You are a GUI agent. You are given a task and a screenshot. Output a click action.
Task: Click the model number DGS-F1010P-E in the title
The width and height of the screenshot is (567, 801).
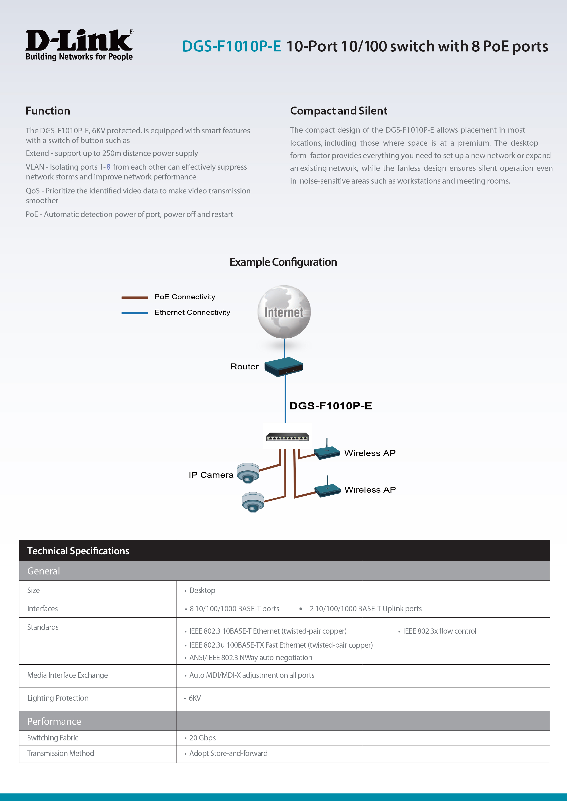pos(231,46)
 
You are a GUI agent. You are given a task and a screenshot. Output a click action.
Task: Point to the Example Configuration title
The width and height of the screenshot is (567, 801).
pos(283,262)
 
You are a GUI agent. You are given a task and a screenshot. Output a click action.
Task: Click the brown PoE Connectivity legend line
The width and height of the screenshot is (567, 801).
pos(135,297)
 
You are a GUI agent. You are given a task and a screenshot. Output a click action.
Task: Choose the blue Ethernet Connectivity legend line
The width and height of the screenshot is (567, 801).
pos(135,313)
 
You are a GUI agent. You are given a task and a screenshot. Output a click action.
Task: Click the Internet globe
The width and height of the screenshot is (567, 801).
pos(284,312)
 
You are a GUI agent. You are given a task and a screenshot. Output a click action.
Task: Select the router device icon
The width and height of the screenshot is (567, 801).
pos(283,366)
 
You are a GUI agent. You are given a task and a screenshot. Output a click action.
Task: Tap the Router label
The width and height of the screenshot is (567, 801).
pos(244,366)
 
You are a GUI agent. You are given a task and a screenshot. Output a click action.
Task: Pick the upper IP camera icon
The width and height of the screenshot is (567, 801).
pos(248,473)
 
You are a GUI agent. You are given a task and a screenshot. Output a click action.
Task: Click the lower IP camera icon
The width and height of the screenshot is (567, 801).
pos(253,502)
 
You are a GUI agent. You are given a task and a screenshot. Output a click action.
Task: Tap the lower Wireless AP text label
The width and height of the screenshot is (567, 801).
pos(370,490)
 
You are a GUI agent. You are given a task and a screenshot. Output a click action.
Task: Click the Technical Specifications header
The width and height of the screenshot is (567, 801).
pos(78,551)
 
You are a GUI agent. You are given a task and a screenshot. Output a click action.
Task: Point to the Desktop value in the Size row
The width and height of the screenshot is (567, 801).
pos(202,590)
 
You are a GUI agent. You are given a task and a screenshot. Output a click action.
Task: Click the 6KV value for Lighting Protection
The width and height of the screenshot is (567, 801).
pos(195,698)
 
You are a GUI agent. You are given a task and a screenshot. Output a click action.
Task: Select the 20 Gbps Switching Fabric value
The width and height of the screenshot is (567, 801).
pos(203,738)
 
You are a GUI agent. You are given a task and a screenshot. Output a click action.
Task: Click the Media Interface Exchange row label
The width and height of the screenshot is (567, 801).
pos(67,675)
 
